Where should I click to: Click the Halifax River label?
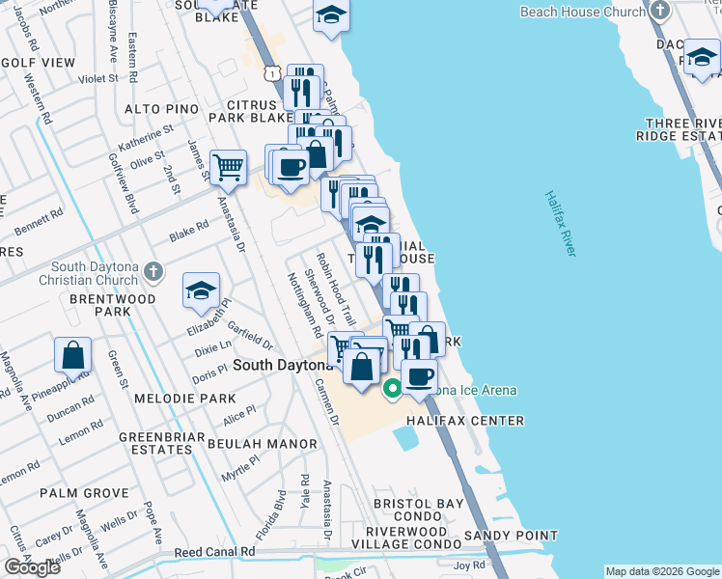(560, 223)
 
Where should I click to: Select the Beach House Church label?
(582, 12)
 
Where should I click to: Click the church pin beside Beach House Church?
(660, 12)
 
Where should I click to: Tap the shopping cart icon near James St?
(228, 168)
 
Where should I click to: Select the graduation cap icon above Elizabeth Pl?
(201, 290)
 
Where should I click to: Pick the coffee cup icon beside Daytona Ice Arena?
(419, 376)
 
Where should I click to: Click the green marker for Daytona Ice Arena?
(392, 390)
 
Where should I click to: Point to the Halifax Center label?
(464, 421)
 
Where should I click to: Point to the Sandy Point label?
(511, 536)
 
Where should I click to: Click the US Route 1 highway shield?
(275, 73)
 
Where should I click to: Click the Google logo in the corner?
(32, 567)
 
